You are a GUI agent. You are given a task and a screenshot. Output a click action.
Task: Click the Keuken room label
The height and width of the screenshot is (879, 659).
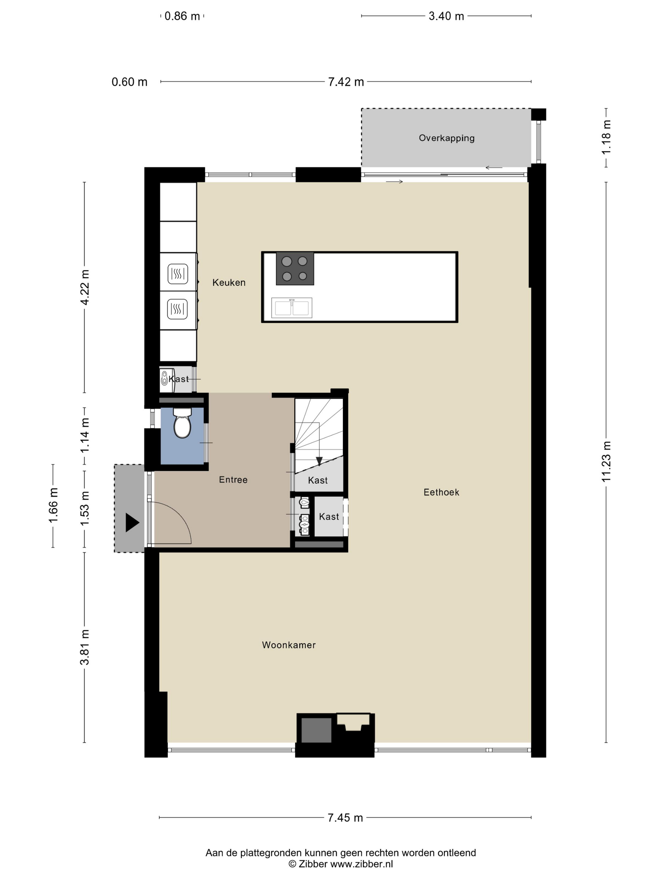(229, 283)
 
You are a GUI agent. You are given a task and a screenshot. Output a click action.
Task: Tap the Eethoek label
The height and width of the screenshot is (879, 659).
(441, 492)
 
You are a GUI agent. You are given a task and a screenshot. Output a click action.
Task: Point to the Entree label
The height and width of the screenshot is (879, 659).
(233, 480)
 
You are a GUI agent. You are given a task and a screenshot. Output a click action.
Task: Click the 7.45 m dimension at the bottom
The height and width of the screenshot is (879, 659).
(345, 817)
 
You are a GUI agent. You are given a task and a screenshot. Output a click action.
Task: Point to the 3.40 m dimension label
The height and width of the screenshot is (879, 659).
(446, 16)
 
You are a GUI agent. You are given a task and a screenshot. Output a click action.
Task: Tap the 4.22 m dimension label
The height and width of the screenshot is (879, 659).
(85, 287)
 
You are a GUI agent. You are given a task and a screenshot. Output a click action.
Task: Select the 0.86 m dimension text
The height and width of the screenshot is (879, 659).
(182, 16)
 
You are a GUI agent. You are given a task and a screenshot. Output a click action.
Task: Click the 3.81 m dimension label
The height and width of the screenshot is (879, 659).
(85, 647)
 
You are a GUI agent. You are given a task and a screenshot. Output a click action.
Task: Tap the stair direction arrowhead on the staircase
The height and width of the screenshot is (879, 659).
(319, 461)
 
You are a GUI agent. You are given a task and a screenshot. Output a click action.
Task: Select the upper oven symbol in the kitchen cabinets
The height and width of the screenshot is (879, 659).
(178, 274)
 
